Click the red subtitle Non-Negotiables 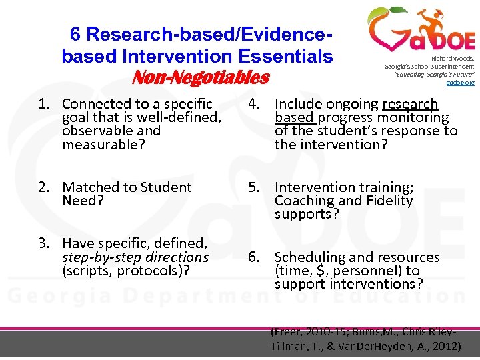200,79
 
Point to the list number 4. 253,104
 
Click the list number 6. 253,257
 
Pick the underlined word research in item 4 410,104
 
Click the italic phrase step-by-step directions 135,257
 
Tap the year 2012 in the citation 442,347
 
